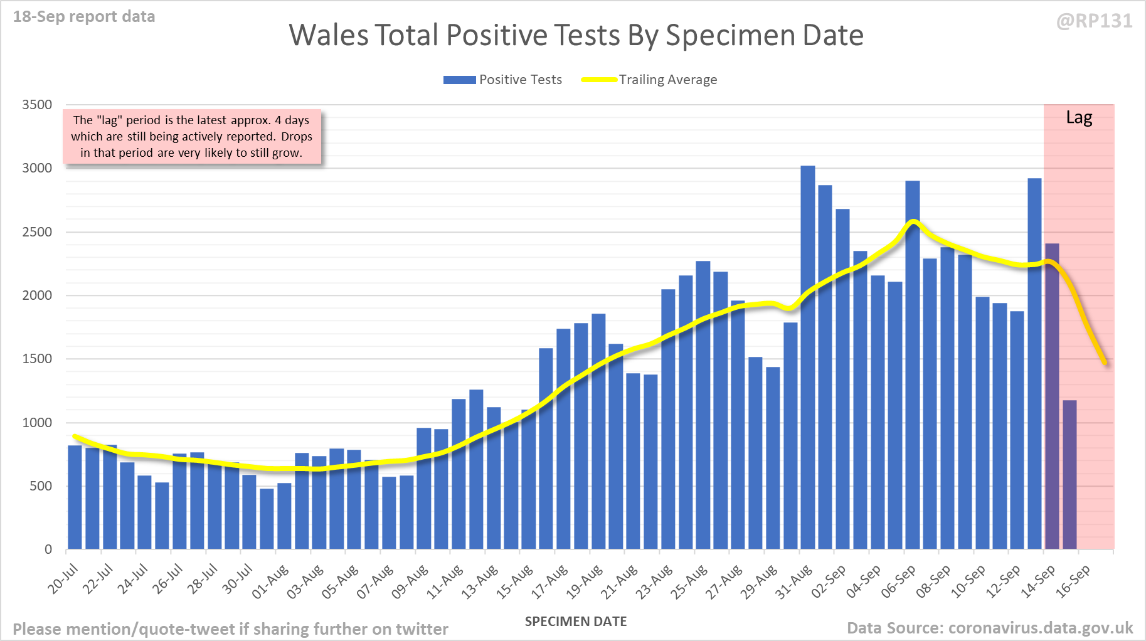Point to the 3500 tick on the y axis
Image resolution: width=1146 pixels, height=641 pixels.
coord(37,105)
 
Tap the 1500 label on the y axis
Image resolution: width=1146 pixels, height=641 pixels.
coord(37,359)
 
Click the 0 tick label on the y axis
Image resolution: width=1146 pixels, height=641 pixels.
coord(48,549)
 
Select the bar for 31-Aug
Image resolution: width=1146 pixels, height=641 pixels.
coord(808,358)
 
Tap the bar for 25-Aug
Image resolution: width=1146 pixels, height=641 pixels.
coord(703,405)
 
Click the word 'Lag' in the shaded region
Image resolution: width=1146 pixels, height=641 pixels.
coord(1079,118)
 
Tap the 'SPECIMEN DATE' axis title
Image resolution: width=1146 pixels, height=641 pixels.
coord(576,622)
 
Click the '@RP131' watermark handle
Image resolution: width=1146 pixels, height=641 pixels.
coord(1095,21)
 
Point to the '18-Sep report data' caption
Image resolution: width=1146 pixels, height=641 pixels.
coord(84,17)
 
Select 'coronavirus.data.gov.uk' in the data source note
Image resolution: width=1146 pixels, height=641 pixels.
coord(1041,628)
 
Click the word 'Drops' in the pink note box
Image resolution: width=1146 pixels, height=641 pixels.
coord(296,137)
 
